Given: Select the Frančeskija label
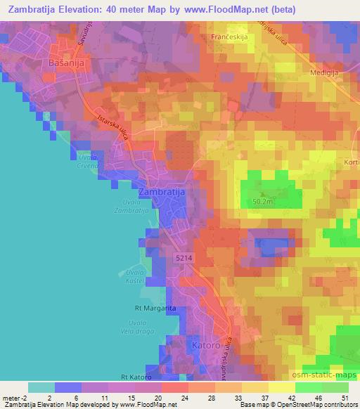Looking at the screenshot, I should pyautogui.click(x=228, y=34).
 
